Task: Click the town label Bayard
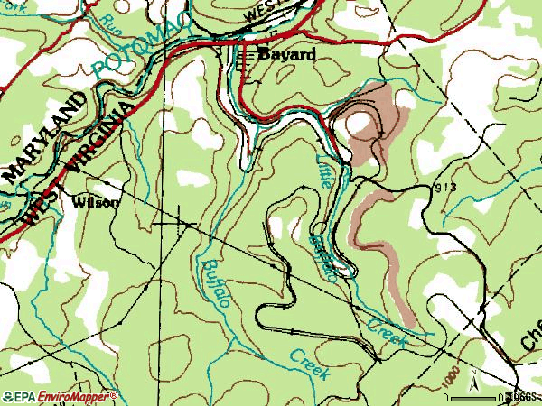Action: coord(287,54)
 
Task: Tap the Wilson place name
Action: coord(93,203)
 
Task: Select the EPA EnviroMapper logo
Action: coord(60,396)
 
